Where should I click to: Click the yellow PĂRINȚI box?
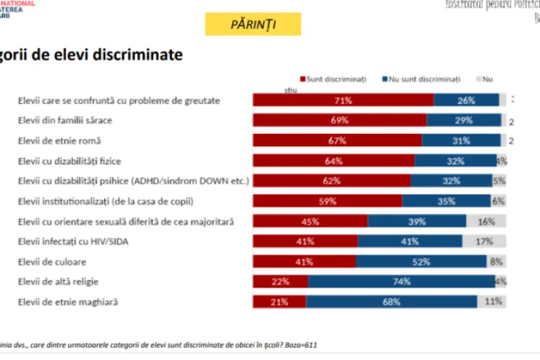click(253, 24)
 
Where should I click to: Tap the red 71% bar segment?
click(343, 100)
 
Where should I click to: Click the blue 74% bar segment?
click(401, 282)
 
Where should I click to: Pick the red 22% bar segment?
click(280, 282)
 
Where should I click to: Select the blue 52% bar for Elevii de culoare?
click(422, 261)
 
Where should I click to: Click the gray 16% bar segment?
click(486, 221)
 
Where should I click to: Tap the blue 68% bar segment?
click(392, 302)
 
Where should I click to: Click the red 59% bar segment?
click(328, 201)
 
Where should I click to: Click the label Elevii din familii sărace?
click(65, 120)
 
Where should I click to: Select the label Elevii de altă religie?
click(61, 282)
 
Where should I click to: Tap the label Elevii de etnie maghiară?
click(68, 302)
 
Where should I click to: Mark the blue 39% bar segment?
click(417, 221)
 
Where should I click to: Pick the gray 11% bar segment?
click(492, 302)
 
